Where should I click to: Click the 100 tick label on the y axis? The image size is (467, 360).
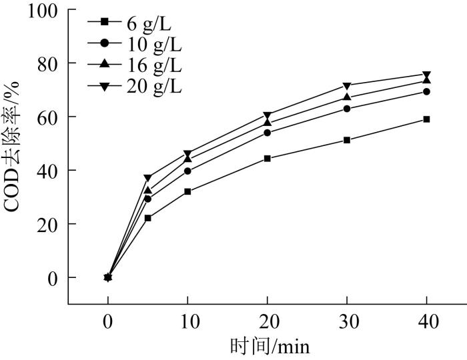(42, 11)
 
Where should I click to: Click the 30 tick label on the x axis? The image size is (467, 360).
(347, 323)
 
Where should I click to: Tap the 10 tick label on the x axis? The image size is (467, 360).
(187, 323)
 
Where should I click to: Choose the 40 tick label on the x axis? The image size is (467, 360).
(427, 323)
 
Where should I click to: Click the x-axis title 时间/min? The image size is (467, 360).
(270, 347)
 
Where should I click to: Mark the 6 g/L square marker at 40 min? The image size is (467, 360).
(427, 119)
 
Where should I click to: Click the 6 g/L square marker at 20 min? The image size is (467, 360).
(267, 159)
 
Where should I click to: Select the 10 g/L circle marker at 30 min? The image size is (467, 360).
(347, 109)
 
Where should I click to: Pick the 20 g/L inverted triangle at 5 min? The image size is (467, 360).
(147, 178)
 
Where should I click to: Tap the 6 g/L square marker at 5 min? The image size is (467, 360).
(147, 218)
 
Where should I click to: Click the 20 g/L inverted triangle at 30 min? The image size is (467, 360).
(347, 86)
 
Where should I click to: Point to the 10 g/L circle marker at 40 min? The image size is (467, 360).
(427, 92)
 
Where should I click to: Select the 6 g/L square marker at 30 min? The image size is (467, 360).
(347, 140)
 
